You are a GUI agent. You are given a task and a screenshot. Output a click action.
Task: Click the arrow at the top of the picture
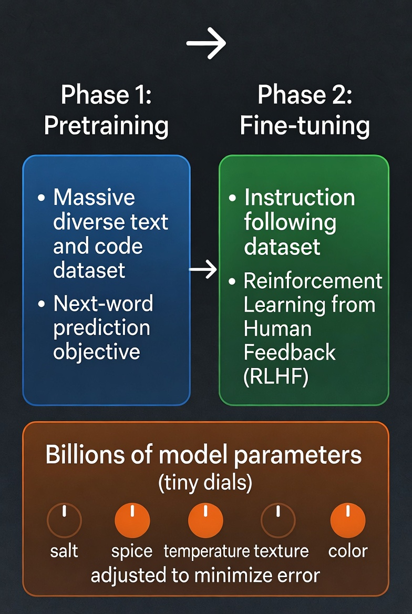(x=206, y=43)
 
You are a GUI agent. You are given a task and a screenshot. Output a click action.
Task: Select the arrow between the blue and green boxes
(x=203, y=269)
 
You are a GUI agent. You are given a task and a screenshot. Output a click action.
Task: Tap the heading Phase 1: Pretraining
(x=106, y=110)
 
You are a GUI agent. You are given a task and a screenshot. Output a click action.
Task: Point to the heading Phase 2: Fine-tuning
(x=305, y=110)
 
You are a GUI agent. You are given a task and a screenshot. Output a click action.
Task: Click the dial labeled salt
(x=64, y=520)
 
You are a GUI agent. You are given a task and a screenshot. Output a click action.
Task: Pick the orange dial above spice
(x=132, y=520)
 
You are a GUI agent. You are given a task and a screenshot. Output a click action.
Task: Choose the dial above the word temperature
(x=205, y=520)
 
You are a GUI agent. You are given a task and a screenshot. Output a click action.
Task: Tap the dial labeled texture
(x=278, y=520)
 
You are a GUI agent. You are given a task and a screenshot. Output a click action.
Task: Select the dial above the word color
(x=348, y=520)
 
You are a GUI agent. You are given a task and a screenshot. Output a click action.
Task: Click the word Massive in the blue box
(x=94, y=197)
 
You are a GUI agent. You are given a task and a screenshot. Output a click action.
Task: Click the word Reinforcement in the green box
(x=313, y=281)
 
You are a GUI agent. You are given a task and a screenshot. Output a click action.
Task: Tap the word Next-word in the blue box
(x=103, y=304)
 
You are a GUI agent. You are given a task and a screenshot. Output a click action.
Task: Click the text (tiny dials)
(x=205, y=483)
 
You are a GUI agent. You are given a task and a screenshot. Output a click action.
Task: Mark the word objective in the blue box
(x=97, y=352)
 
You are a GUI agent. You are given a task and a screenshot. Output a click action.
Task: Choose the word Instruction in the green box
(x=300, y=197)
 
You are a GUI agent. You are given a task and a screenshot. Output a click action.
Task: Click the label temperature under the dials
(x=207, y=551)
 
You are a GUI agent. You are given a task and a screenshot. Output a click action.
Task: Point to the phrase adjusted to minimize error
(x=205, y=576)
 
